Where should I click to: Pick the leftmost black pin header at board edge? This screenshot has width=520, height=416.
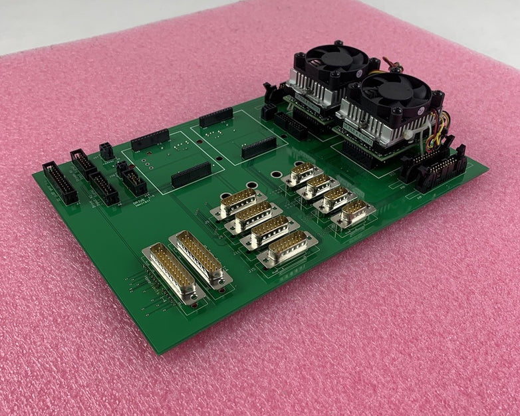(60, 182)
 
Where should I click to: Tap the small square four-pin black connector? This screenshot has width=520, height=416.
(106, 151)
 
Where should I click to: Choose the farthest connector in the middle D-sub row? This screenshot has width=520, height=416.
(238, 202)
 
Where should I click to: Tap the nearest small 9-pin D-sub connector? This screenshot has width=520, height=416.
(352, 213)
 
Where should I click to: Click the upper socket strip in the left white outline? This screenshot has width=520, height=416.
(150, 140)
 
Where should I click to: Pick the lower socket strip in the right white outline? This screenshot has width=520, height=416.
(259, 147)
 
